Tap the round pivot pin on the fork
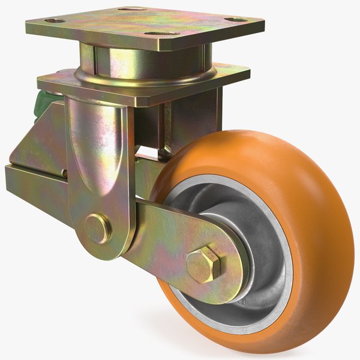[x=97, y=228]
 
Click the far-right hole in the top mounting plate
[x=238, y=19]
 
